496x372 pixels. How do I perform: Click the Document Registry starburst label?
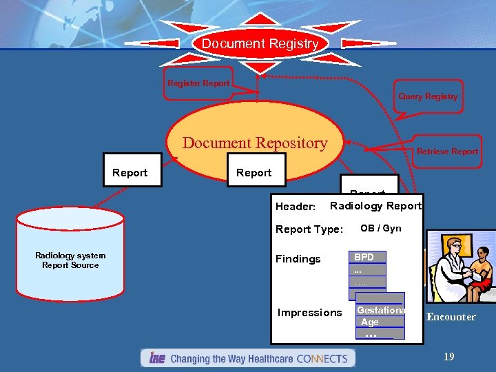click(260, 44)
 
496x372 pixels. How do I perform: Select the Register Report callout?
click(198, 84)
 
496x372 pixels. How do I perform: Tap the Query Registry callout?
click(427, 96)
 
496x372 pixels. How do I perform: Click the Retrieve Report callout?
click(446, 152)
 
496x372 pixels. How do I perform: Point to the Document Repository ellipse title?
click(255, 143)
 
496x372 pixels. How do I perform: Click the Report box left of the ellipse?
click(130, 173)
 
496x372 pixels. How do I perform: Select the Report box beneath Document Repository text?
click(254, 173)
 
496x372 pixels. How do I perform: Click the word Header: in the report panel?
click(296, 206)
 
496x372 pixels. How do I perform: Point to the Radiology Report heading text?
click(375, 206)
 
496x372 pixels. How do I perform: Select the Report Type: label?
click(309, 229)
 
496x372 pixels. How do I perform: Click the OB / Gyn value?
click(380, 228)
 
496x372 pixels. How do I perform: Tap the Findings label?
click(298, 259)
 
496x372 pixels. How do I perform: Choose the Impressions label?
click(309, 313)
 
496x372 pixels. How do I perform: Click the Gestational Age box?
click(380, 317)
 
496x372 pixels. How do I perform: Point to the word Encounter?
click(451, 317)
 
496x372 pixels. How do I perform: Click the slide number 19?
click(448, 357)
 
